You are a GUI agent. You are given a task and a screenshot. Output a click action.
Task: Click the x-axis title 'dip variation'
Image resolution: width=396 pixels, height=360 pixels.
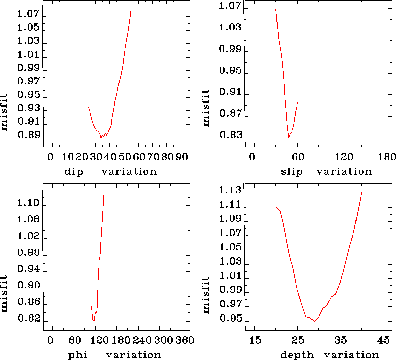tap(110, 172)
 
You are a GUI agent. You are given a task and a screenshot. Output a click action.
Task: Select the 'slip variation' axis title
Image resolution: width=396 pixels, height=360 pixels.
tap(326, 172)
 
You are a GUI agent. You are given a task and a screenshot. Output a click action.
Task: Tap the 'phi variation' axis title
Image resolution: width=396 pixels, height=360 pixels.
tap(114, 355)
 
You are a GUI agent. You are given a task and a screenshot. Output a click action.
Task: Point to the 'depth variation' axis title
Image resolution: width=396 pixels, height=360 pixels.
tap(329, 355)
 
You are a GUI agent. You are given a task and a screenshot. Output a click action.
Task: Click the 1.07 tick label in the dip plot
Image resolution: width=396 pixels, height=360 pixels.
tap(28, 14)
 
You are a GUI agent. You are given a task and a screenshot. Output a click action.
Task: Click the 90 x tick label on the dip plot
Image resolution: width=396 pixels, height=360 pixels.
tap(182, 157)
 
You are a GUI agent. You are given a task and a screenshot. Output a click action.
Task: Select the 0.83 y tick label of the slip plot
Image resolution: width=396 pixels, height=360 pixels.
tap(230, 135)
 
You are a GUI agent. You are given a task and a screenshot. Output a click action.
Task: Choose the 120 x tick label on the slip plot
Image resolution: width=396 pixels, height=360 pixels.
tap(344, 157)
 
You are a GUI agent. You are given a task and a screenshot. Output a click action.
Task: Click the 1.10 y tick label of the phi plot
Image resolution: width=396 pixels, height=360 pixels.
tap(28, 203)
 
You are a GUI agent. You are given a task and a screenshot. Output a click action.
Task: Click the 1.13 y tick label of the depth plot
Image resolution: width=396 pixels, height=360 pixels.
tap(230, 190)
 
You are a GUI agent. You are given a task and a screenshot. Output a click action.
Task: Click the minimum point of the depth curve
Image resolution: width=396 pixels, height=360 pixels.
tap(314, 321)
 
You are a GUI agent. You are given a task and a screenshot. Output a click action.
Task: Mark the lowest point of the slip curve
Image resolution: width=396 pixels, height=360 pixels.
tap(289, 138)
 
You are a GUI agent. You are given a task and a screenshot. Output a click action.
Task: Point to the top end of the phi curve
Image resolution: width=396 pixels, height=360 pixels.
tap(104, 193)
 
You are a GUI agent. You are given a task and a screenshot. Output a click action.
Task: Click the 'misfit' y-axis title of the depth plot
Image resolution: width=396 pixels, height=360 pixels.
tap(206, 295)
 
